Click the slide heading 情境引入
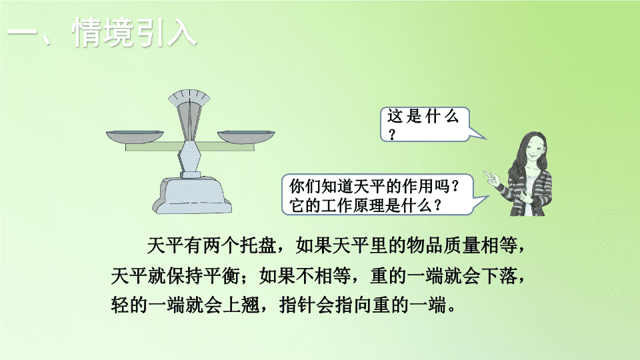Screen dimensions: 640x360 [135, 32]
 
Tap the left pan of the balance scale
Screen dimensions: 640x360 [135, 137]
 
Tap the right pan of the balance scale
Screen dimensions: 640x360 [246, 137]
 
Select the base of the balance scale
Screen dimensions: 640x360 [192, 195]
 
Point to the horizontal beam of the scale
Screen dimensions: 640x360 [190, 147]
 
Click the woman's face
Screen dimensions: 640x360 [533, 152]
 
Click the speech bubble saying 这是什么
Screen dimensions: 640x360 [425, 125]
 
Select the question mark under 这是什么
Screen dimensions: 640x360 [392, 134]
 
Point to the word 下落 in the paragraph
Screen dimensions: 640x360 [499, 275]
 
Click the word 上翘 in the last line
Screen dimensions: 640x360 [241, 305]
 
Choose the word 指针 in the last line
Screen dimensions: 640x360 [297, 305]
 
